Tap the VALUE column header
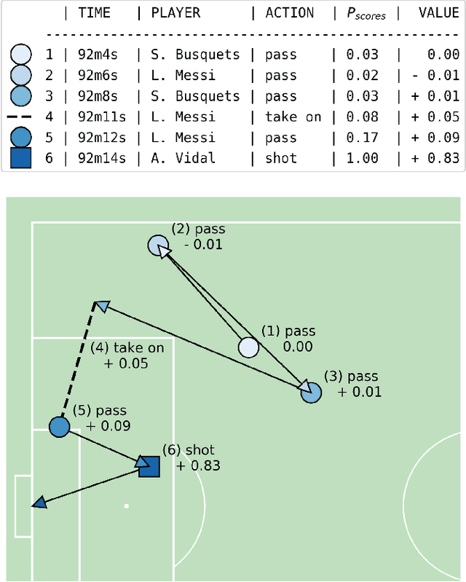point(438,12)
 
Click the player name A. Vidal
point(183,157)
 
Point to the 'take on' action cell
point(293,117)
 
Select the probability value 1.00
point(363,157)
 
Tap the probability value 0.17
point(363,137)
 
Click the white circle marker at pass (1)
point(249,348)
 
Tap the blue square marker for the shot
point(149,466)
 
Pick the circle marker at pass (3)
point(311,393)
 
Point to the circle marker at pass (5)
point(59,427)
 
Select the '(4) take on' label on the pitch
point(128,347)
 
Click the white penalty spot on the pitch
point(127,506)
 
